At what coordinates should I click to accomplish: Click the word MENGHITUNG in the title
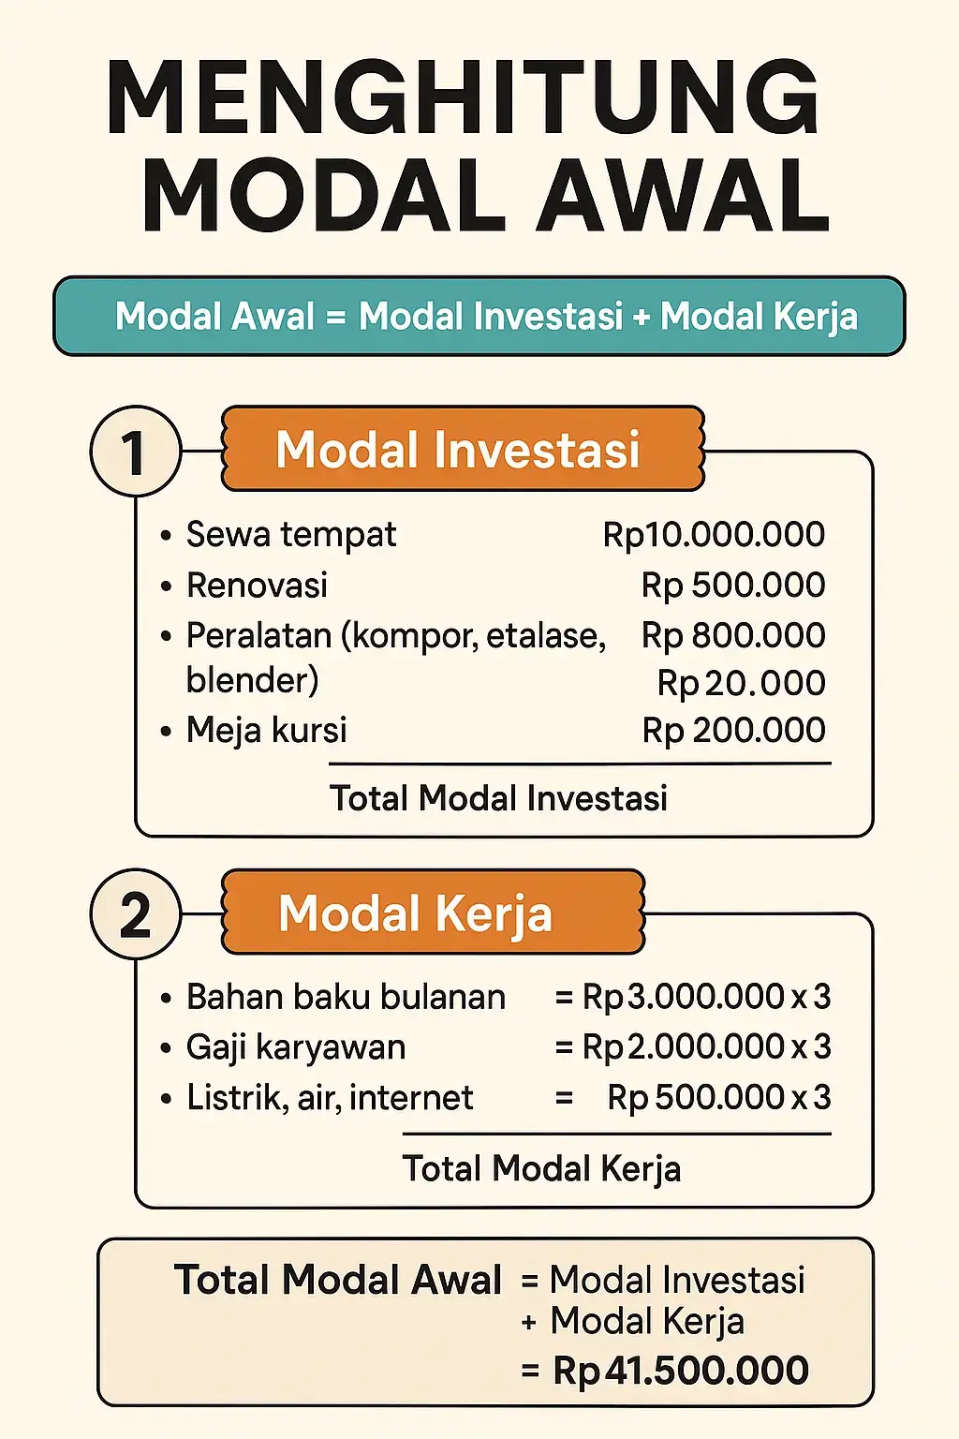464,97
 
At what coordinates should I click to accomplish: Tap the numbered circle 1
135,452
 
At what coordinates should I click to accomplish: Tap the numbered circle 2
135,914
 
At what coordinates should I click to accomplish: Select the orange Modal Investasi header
462,449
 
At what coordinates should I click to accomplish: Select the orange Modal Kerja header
433,912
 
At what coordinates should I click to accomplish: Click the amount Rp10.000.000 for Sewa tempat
714,534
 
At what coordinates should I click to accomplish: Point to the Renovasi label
257,586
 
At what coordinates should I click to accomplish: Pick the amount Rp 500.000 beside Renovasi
733,585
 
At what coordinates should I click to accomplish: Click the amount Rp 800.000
733,635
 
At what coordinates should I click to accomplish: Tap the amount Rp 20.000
741,683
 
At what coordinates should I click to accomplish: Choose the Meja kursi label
266,730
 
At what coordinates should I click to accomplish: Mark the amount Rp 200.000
733,730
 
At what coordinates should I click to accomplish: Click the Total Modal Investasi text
498,798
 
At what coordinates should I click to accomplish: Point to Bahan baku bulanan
346,997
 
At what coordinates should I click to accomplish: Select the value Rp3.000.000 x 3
706,997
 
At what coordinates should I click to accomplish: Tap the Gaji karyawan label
296,1046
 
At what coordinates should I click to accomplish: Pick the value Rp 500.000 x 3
718,1097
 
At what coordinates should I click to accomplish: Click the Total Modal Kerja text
541,1168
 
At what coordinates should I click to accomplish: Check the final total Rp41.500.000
680,1371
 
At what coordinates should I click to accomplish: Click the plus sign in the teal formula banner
642,317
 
